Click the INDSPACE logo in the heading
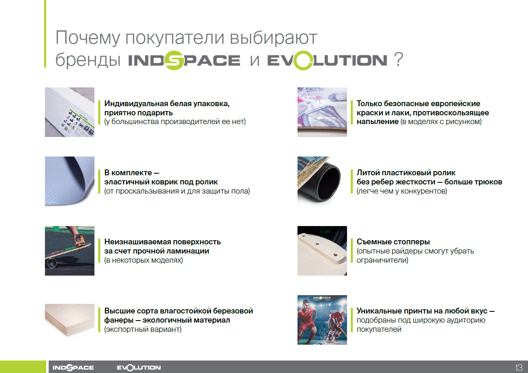click(184, 60)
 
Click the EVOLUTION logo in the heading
click(327, 60)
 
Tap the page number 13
click(519, 368)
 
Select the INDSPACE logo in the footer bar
click(73, 367)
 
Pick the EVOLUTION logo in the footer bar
click(139, 367)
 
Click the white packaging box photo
click(69, 112)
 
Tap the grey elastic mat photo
click(69, 182)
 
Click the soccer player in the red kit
click(307, 321)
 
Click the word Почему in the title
click(88, 38)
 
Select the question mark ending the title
click(398, 60)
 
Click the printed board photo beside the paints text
click(322, 112)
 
